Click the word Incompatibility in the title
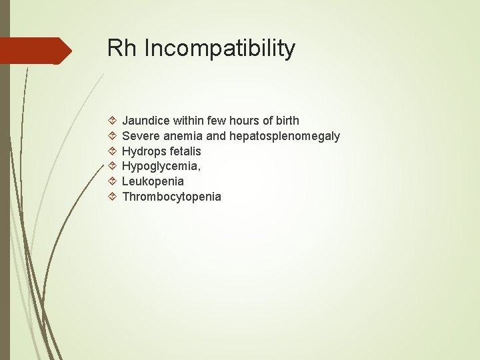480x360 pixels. point(219,49)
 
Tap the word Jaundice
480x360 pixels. point(146,121)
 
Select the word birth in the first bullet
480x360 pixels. point(285,121)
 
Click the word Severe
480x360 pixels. point(140,136)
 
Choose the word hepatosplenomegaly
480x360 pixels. point(285,136)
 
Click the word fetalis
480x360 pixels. point(185,151)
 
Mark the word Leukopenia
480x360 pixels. point(153,181)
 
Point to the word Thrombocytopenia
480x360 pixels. point(171,197)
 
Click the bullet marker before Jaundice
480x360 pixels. point(112,121)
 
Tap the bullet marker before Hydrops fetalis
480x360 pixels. point(112,151)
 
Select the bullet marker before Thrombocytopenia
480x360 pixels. point(112,197)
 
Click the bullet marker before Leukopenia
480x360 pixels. point(112,181)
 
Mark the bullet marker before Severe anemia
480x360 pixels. point(112,136)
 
